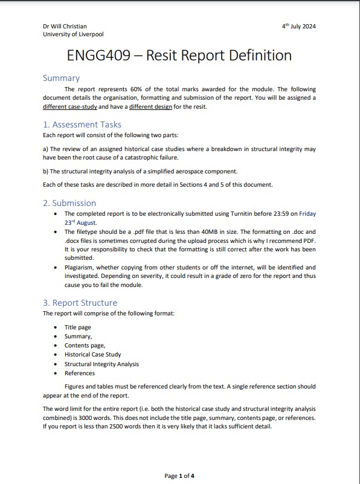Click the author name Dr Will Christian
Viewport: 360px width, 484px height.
point(65,26)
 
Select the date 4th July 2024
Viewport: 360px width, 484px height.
point(299,27)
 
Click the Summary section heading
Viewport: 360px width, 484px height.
point(61,78)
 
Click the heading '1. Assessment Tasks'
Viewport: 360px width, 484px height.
point(82,124)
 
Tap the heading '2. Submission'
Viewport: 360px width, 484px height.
point(69,203)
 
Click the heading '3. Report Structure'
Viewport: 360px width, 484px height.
point(80,303)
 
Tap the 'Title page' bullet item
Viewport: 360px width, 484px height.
point(78,327)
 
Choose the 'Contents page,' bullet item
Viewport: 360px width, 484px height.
point(85,346)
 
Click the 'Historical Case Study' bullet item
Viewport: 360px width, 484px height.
point(92,355)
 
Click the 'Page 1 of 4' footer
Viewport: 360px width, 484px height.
point(179,476)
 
